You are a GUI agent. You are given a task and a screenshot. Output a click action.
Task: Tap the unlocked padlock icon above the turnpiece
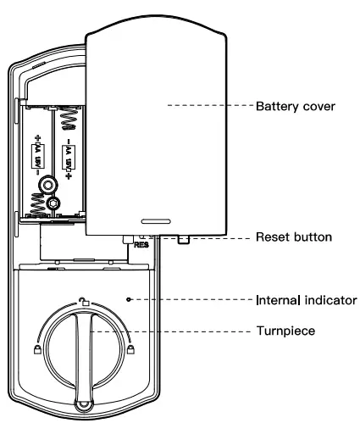click(83, 303)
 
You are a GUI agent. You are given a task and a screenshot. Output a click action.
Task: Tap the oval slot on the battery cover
click(153, 215)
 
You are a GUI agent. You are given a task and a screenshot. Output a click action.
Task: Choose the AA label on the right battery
click(67, 157)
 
